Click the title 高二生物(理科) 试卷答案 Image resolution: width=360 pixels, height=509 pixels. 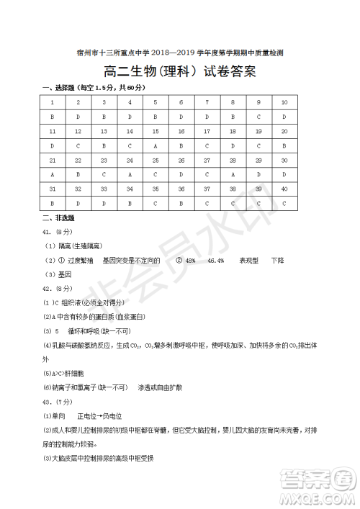point(180,71)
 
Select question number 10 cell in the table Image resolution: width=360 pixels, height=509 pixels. point(284,102)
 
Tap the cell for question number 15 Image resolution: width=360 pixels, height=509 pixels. point(156,131)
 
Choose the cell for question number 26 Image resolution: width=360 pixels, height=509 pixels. point(181,160)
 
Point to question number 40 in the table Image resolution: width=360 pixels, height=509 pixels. point(284,189)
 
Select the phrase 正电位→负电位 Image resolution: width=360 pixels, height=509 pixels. point(94,416)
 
